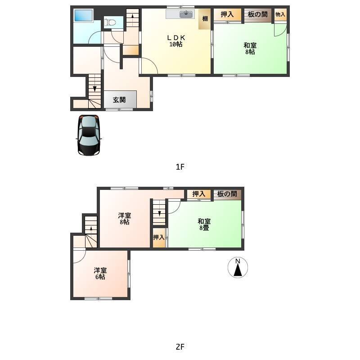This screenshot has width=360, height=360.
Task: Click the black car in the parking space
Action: click(89, 135)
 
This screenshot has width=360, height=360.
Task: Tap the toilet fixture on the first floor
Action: click(110, 22)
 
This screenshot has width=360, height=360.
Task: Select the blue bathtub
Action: click(83, 15)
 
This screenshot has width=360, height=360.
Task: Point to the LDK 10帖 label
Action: click(176, 40)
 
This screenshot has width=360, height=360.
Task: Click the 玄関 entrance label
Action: click(119, 99)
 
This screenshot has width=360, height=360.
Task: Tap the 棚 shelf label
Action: click(205, 18)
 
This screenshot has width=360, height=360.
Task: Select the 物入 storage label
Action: click(280, 14)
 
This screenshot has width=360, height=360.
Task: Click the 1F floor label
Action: click(180, 167)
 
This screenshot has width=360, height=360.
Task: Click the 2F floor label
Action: click(180, 346)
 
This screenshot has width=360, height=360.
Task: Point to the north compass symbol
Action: click(238, 267)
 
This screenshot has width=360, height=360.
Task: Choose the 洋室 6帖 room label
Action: click(100, 274)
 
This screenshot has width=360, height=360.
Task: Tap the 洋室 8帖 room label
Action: click(125, 219)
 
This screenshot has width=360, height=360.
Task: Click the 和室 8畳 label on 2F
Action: click(204, 225)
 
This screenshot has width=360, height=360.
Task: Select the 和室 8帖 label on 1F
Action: click(250, 49)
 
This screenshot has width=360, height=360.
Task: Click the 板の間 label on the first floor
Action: click(257, 14)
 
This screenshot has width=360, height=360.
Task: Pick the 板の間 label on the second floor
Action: click(227, 194)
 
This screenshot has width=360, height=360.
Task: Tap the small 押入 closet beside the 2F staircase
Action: click(159, 238)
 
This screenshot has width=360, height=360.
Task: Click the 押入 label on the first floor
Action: click(227, 14)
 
